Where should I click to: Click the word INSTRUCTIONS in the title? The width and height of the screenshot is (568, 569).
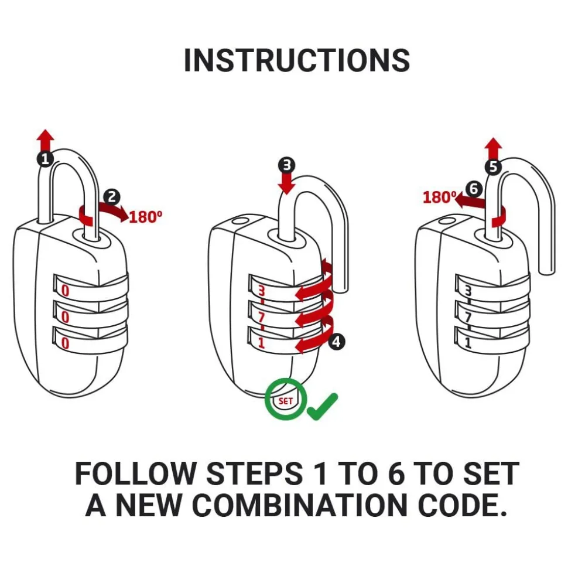pyautogui.click(x=297, y=60)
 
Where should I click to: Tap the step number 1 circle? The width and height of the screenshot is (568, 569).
pyautogui.click(x=45, y=158)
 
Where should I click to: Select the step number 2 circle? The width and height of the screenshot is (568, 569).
pyautogui.click(x=112, y=197)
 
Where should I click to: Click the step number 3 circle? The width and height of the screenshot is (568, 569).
pyautogui.click(x=286, y=165)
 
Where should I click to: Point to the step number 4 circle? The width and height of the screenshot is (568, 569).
pyautogui.click(x=337, y=342)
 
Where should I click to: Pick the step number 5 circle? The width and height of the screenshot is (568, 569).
pyautogui.click(x=493, y=167)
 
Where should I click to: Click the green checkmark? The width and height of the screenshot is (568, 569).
pyautogui.click(x=322, y=406)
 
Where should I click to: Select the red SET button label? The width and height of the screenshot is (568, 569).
pyautogui.click(x=286, y=401)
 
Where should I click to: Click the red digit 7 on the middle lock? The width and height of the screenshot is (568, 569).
pyautogui.click(x=261, y=318)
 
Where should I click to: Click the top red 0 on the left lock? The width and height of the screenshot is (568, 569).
pyautogui.click(x=65, y=290)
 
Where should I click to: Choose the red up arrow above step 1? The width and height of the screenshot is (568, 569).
pyautogui.click(x=45, y=139)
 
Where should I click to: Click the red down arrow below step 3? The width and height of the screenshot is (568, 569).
pyautogui.click(x=286, y=184)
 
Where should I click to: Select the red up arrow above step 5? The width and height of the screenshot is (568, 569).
pyautogui.click(x=494, y=148)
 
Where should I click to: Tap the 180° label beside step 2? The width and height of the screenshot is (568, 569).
pyautogui.click(x=145, y=217)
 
